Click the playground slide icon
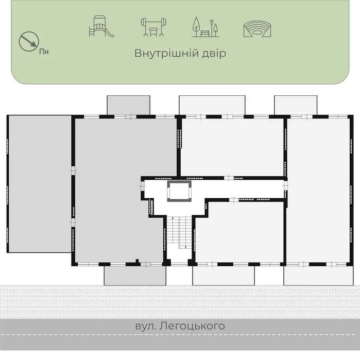pyautogui.click(x=101, y=26)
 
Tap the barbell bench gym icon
pyautogui.click(x=153, y=27)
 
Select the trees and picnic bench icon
pyautogui.click(x=205, y=27)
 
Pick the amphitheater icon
pyautogui.click(x=257, y=29)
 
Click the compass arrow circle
pyautogui.click(x=29, y=41)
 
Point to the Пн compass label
pyautogui.click(x=44, y=52)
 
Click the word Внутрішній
pyautogui.click(x=166, y=53)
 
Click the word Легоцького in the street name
pyautogui.click(x=192, y=326)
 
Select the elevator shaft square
pyautogui.click(x=179, y=191)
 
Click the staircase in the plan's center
pyautogui.click(x=179, y=232)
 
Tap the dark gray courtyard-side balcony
pyautogui.click(x=129, y=105)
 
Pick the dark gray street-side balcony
pyautogui.click(x=135, y=276)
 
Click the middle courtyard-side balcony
pyautogui.click(x=212, y=105)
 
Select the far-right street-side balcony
pyautogui.click(x=318, y=276)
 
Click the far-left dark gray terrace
pyautogui.click(x=40, y=184)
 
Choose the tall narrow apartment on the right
pyautogui.click(x=318, y=190)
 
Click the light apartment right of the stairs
pyautogui.click(x=239, y=232)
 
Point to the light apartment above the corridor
pyautogui.click(x=232, y=147)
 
